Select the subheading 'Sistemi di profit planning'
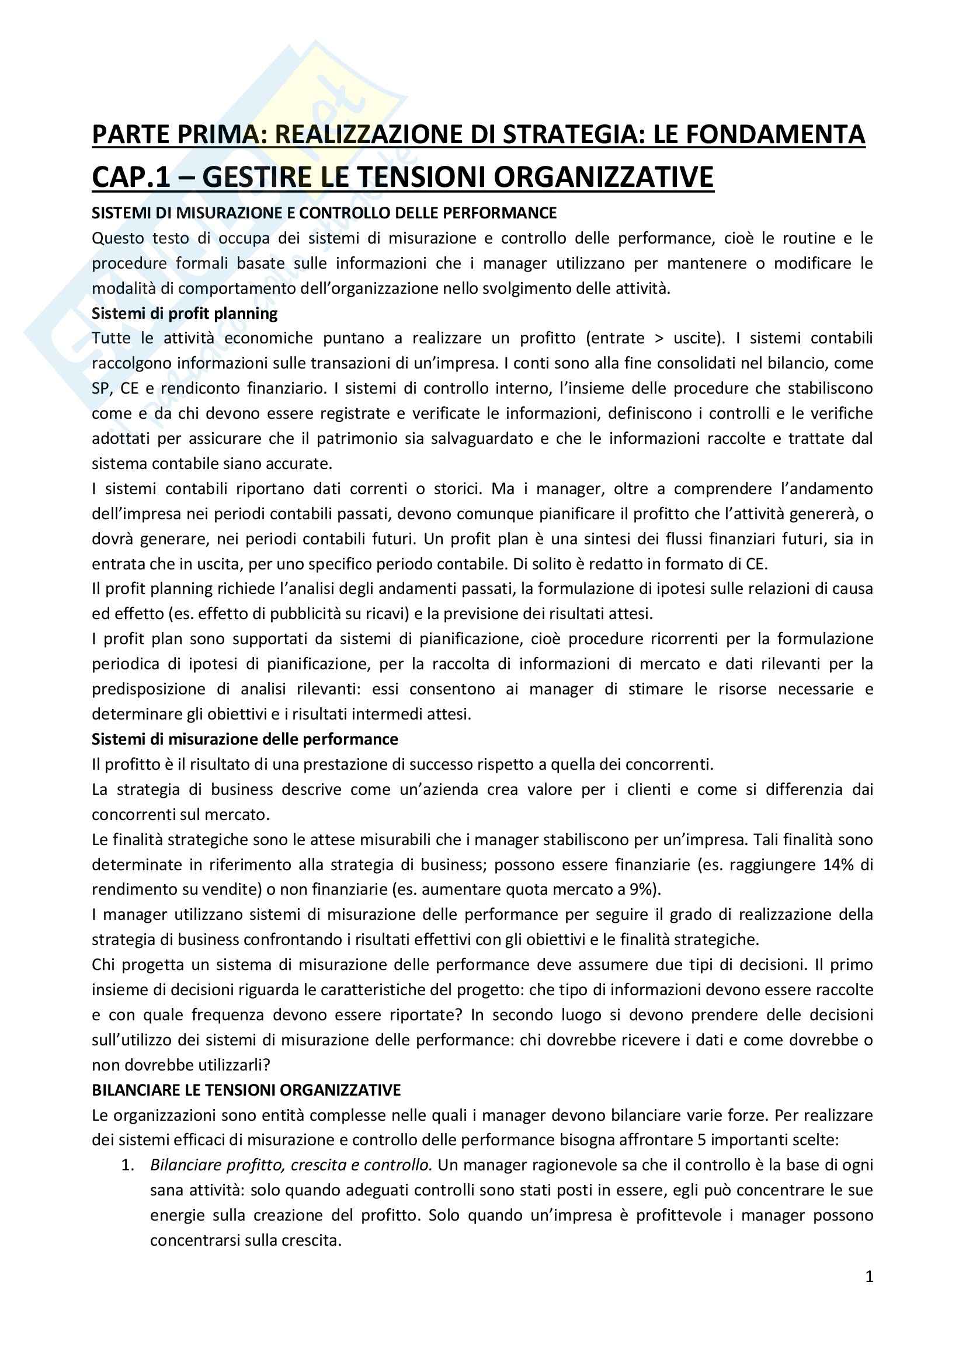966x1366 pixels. (185, 313)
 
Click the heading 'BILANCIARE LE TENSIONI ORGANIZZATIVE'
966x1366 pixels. (246, 1090)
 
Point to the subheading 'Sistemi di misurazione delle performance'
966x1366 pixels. (245, 739)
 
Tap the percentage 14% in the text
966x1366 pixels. (838, 864)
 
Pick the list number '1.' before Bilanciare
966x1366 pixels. (128, 1165)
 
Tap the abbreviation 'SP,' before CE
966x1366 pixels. (102, 388)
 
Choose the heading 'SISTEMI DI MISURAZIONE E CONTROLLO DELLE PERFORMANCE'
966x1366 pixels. (324, 213)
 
